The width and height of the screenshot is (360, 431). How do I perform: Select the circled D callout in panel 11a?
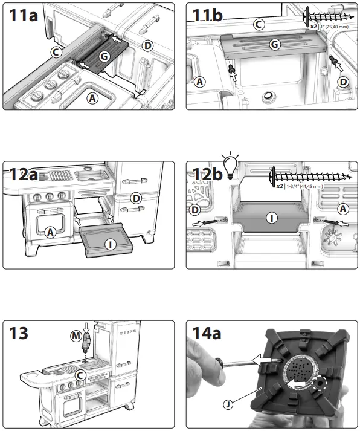click(x=147, y=45)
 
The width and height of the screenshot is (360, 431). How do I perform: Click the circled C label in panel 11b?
click(x=259, y=24)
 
